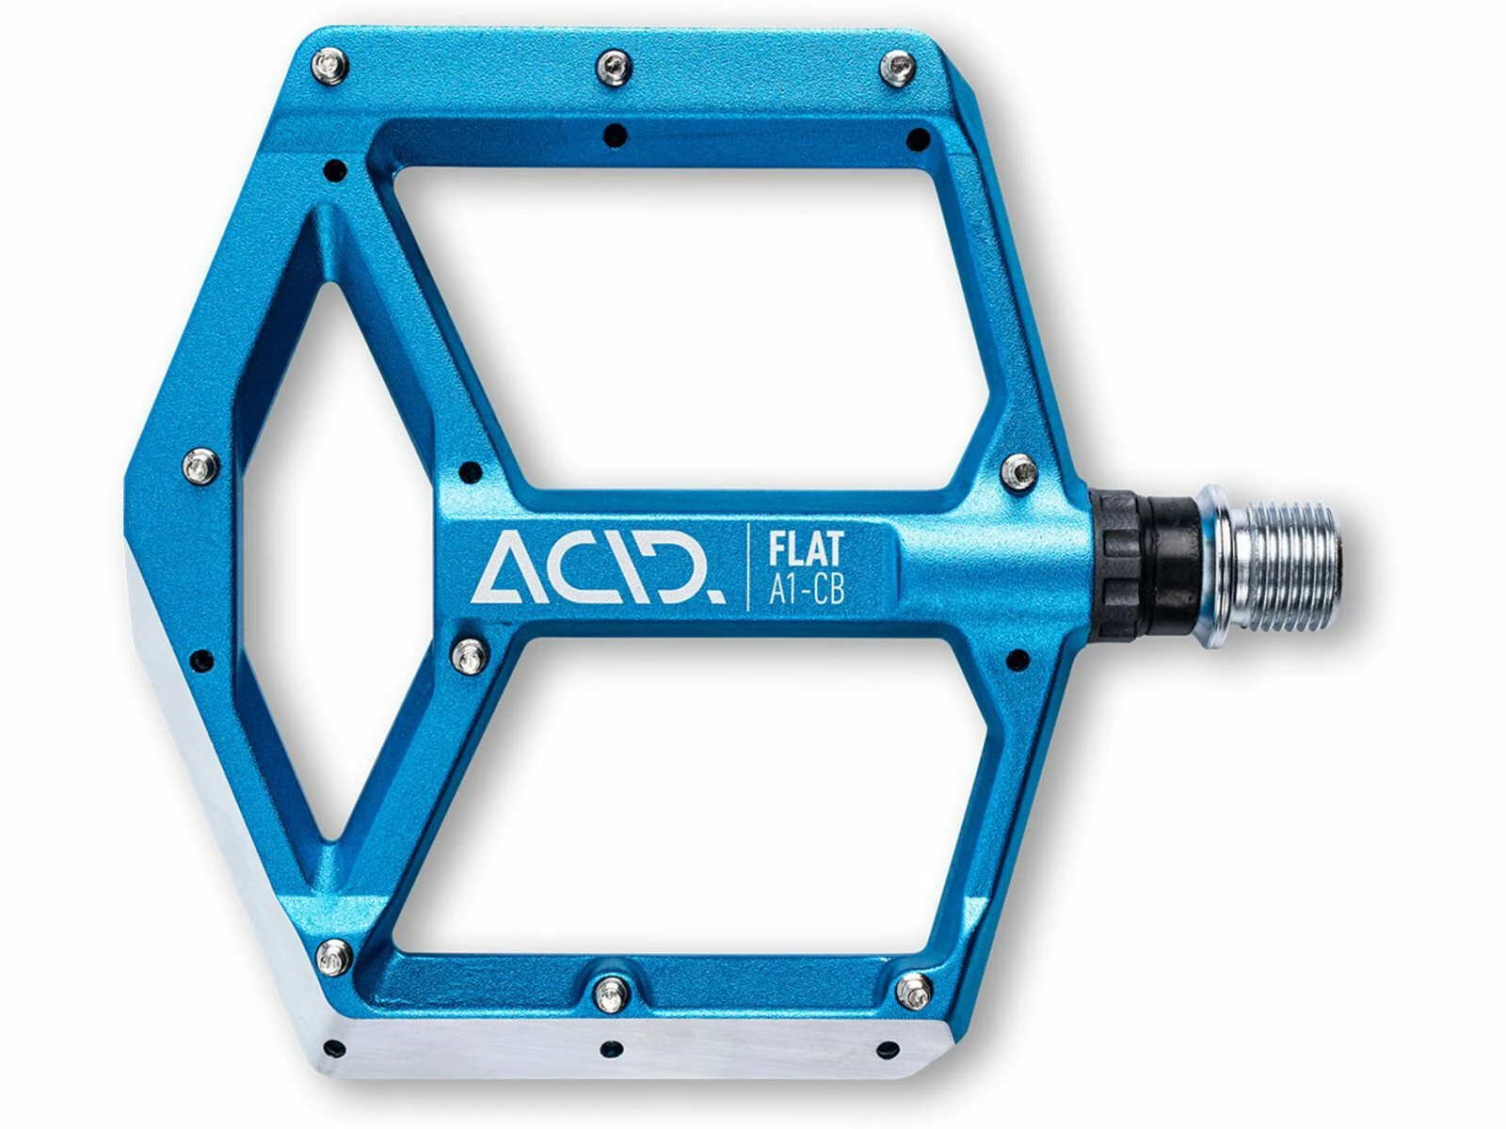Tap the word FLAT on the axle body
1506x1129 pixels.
pyautogui.click(x=805, y=550)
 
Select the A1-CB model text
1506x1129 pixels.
pyautogui.click(x=806, y=591)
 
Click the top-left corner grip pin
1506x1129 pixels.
pyautogui.click(x=330, y=67)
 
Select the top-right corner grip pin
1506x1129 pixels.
pyautogui.click(x=897, y=67)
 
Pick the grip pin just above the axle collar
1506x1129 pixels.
pyautogui.click(x=1020, y=471)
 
